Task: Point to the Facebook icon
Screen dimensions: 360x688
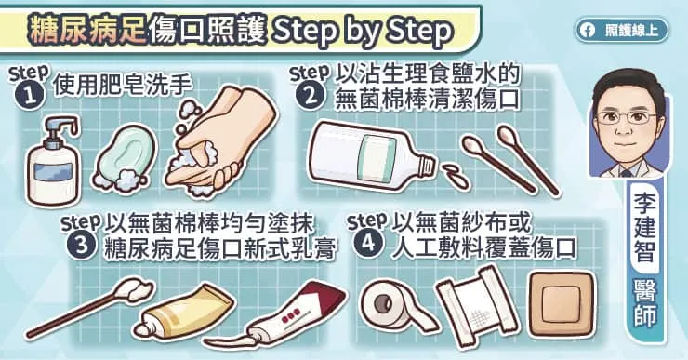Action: pyautogui.click(x=588, y=30)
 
